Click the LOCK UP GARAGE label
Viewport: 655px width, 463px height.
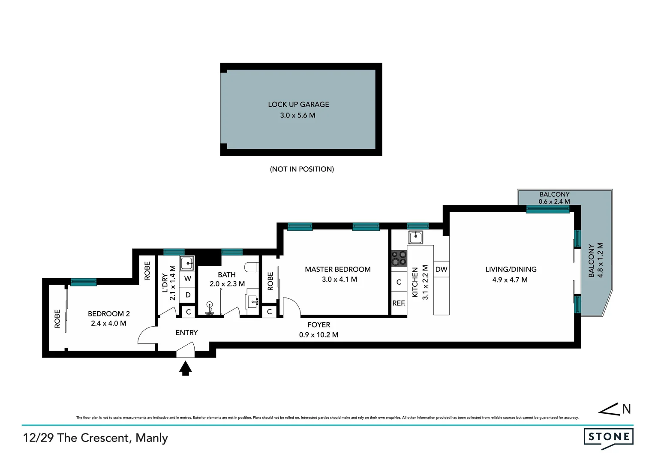298,104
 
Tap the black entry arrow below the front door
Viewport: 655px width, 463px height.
185,368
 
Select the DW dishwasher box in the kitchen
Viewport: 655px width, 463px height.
441,269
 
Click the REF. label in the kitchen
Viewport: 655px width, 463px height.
399,303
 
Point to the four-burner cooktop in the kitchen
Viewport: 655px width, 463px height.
399,259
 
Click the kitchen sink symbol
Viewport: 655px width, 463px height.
415,237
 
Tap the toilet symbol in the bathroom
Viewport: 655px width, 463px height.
251,267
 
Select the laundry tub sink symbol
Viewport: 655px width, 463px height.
187,263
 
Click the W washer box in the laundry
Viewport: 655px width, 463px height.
188,279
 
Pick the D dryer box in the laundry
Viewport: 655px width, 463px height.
188,295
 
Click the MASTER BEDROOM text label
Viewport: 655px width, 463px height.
337,269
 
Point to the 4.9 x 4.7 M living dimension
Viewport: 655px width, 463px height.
510,280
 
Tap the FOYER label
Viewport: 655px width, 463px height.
318,325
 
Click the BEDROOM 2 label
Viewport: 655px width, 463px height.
108,314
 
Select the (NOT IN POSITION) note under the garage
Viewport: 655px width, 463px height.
302,169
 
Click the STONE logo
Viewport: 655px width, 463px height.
608,437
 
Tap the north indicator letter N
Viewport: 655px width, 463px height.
626,409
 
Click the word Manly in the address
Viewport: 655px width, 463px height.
152,438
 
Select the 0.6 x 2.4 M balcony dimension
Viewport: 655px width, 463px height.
554,201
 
